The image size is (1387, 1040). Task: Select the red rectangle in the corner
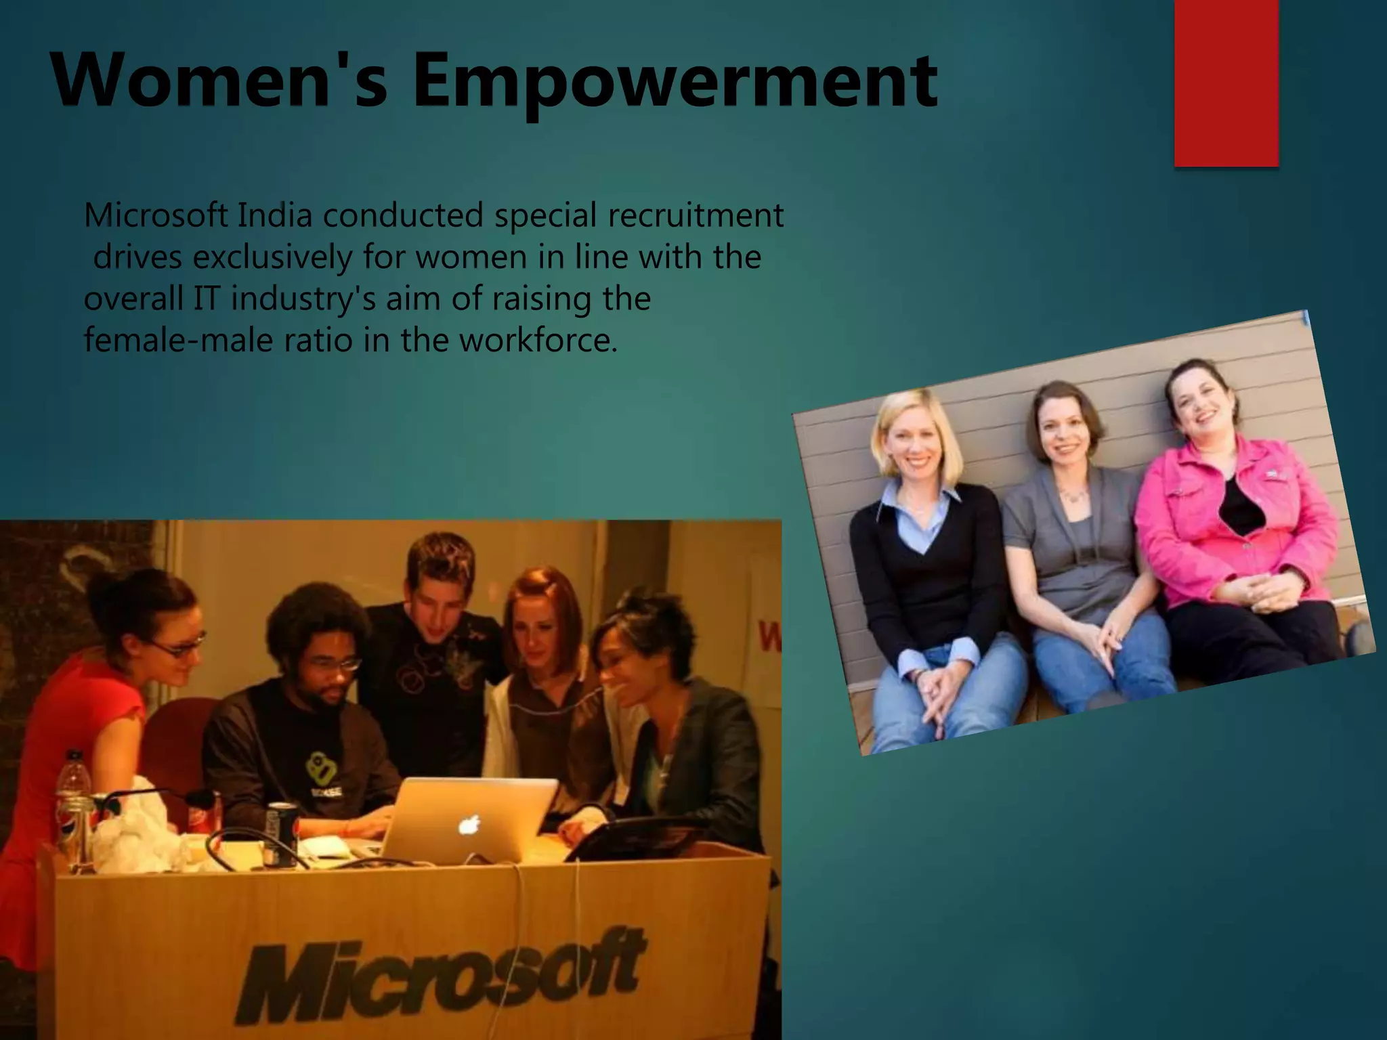tap(1226, 83)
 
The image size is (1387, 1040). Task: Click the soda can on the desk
tap(282, 833)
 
